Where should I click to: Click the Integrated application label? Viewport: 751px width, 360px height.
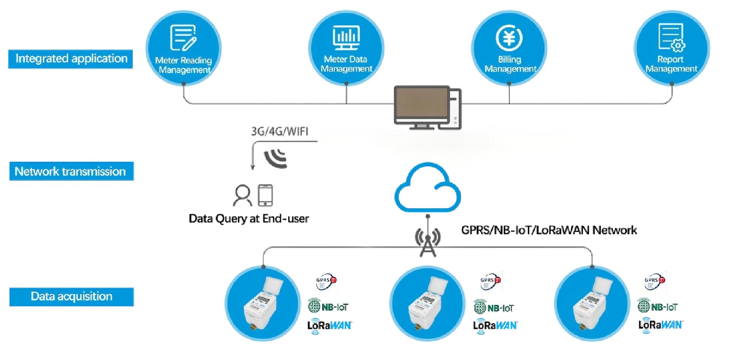[71, 59]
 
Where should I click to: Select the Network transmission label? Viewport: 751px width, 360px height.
[71, 171]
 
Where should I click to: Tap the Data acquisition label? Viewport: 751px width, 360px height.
[71, 296]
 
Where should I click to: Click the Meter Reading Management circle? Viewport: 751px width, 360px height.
[183, 48]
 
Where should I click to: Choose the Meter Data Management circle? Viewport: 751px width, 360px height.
[346, 48]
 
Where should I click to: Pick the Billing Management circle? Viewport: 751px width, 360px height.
[509, 48]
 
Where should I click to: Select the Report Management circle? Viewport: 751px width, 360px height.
[672, 48]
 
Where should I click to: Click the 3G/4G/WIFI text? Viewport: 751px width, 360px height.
[279, 131]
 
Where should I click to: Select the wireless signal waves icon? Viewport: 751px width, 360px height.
[276, 158]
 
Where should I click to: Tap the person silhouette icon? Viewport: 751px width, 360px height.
[242, 195]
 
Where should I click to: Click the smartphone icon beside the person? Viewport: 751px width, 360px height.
[265, 195]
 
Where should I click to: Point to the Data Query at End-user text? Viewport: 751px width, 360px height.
[249, 218]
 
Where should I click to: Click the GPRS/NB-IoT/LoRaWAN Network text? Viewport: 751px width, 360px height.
[549, 230]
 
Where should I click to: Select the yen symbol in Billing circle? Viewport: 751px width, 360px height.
[509, 37]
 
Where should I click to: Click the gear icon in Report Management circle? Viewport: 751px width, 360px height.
[678, 45]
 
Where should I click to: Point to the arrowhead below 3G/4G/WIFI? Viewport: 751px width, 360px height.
[253, 167]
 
